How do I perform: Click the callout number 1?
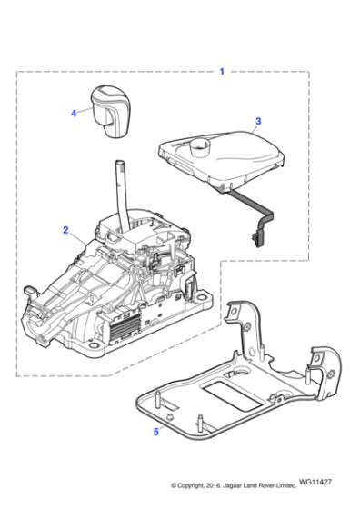221,71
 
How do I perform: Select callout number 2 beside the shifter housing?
65,231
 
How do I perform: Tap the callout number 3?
258,121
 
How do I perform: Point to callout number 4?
75,114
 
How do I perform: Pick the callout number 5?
155,431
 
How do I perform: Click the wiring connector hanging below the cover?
255,238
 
